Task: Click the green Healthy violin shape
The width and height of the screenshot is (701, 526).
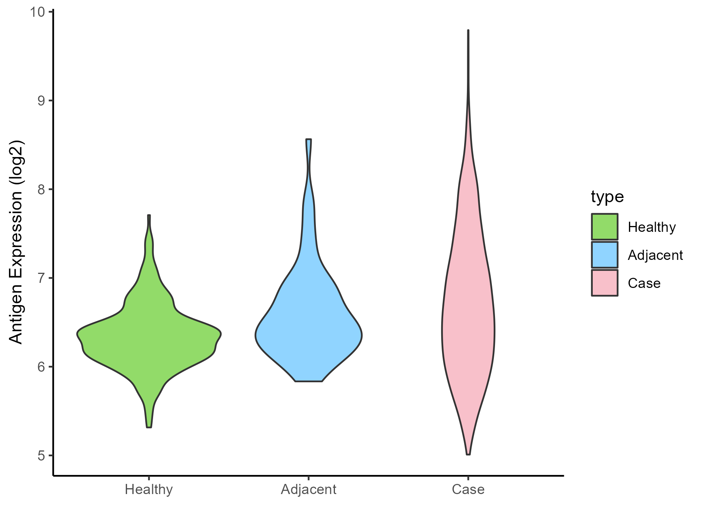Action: pyautogui.click(x=149, y=335)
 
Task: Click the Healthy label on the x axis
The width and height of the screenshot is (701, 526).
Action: pyautogui.click(x=149, y=489)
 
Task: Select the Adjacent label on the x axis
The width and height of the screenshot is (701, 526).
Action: pyautogui.click(x=308, y=489)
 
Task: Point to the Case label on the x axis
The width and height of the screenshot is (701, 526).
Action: pyautogui.click(x=468, y=489)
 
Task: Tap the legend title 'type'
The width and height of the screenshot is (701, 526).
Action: pyautogui.click(x=607, y=197)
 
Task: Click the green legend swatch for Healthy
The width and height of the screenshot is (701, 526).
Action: pyautogui.click(x=604, y=227)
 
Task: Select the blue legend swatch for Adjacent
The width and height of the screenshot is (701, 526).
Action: pyautogui.click(x=604, y=255)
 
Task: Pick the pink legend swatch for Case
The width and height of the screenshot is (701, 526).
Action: pyautogui.click(x=604, y=283)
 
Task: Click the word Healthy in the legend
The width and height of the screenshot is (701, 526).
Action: pyautogui.click(x=652, y=227)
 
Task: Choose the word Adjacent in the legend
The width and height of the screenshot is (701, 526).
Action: pyautogui.click(x=655, y=255)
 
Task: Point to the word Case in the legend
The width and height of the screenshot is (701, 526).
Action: pyautogui.click(x=644, y=283)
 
